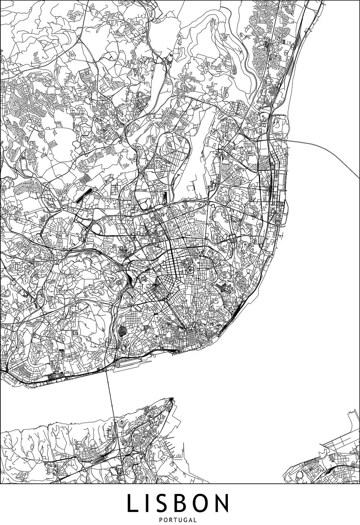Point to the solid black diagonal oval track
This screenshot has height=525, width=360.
(x=83, y=195)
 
